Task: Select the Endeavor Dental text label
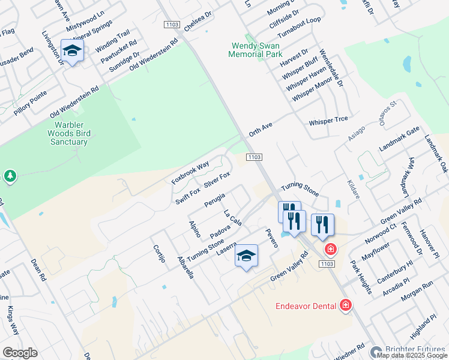pyautogui.click(x=306, y=306)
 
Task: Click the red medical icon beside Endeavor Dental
pyautogui.click(x=346, y=306)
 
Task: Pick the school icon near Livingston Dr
pyautogui.click(x=72, y=52)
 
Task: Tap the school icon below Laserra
pyautogui.click(x=246, y=256)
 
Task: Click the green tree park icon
pyautogui.click(x=10, y=176)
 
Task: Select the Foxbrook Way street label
pyautogui.click(x=190, y=172)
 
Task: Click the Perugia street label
pyautogui.click(x=214, y=200)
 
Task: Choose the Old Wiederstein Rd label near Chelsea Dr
pyautogui.click(x=154, y=56)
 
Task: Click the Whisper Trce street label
pyautogui.click(x=328, y=121)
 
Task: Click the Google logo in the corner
pyautogui.click(x=20, y=353)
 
